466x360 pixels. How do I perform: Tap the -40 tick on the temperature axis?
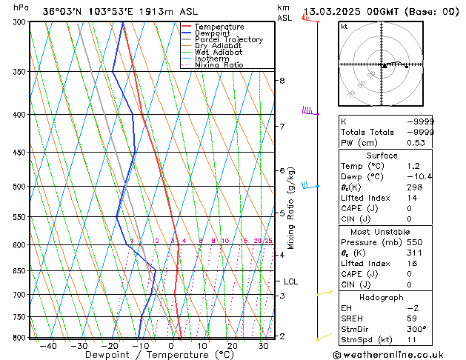[49, 346]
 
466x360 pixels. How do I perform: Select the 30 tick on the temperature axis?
[263, 346]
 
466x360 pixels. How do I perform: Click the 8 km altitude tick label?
[282, 80]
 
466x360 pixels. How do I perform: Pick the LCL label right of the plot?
[291, 281]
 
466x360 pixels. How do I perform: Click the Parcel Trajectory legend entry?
[228, 40]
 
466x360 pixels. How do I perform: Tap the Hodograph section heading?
[382, 297]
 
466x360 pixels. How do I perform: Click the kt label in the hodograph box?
[344, 26]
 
